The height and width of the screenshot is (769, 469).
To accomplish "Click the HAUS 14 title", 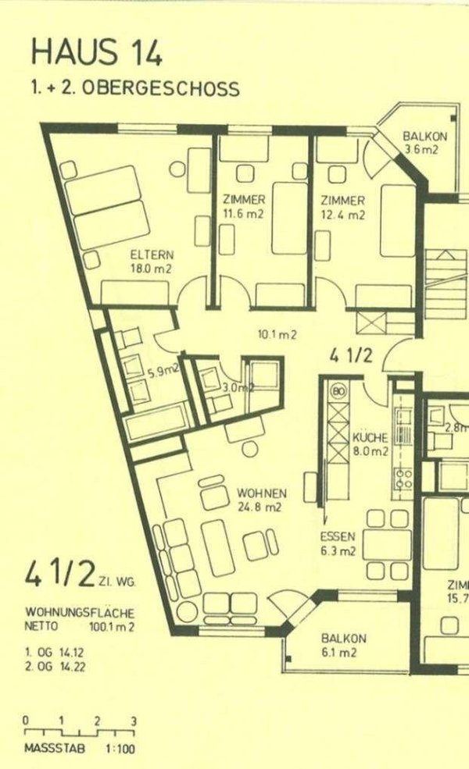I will [97, 52].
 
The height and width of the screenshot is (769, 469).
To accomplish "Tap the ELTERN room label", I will [152, 255].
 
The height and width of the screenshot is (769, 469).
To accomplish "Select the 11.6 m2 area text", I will [243, 215].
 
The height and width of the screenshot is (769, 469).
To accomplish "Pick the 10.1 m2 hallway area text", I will [277, 336].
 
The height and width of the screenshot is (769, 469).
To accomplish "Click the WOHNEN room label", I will [262, 493].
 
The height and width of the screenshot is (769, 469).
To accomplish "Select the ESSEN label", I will [338, 536].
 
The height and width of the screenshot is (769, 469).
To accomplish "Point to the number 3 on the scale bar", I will [134, 721].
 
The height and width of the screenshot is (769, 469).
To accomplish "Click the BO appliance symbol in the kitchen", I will [339, 389].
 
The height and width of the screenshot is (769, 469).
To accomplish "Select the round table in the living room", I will [250, 449].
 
